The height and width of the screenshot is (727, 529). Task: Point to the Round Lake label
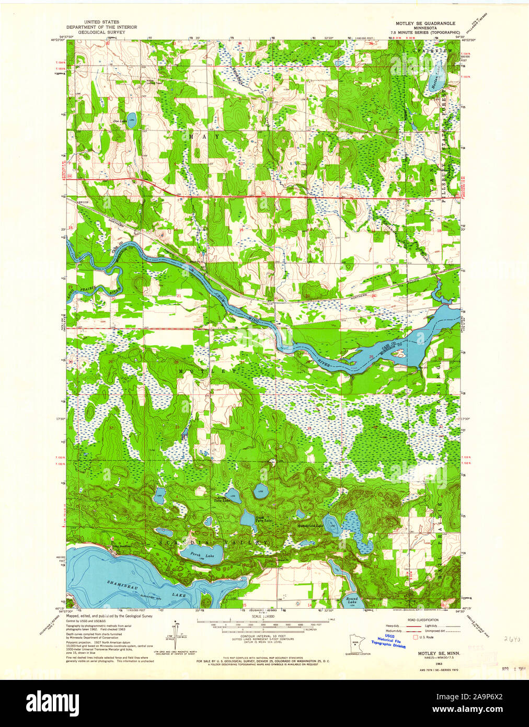click(x=352, y=600)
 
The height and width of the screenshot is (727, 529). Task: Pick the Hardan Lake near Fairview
click(x=435, y=81)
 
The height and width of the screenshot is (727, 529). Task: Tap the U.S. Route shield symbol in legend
click(x=416, y=637)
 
